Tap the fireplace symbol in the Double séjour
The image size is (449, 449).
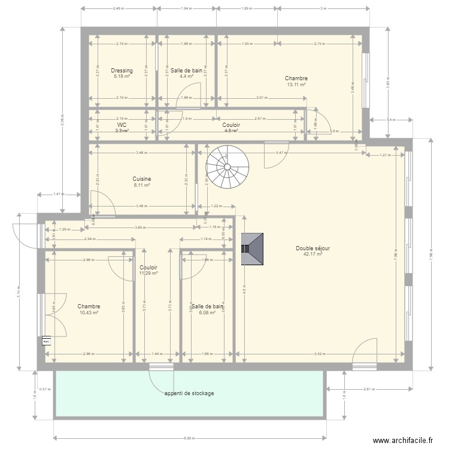point(252,248)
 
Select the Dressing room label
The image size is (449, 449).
point(122,71)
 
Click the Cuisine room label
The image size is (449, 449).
point(142,179)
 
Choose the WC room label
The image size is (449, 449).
point(122,125)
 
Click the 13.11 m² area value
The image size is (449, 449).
point(296,84)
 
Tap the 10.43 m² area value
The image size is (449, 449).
point(89,313)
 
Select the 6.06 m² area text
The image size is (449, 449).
point(207,313)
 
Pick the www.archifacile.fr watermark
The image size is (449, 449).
point(402,439)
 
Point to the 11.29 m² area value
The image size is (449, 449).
point(148,274)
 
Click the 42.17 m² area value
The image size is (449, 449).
point(313,254)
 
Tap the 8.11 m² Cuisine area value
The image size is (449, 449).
point(142,185)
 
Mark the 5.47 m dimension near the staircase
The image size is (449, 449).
point(280,153)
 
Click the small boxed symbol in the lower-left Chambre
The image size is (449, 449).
point(46,341)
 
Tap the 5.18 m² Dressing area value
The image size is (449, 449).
point(122,77)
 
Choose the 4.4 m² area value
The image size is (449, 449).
point(186,77)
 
